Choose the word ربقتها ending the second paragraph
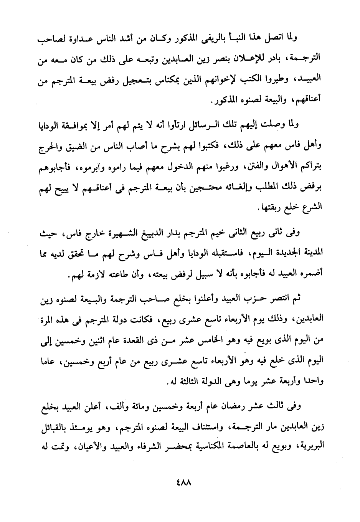pos(269,208)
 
